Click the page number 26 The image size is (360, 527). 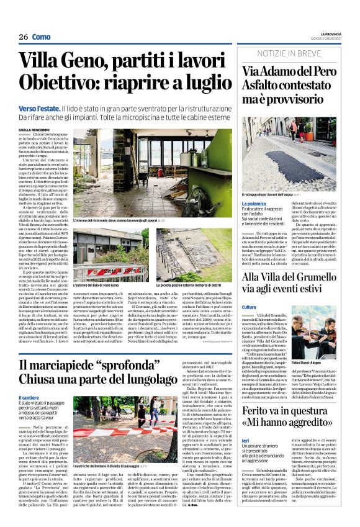[23, 37]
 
